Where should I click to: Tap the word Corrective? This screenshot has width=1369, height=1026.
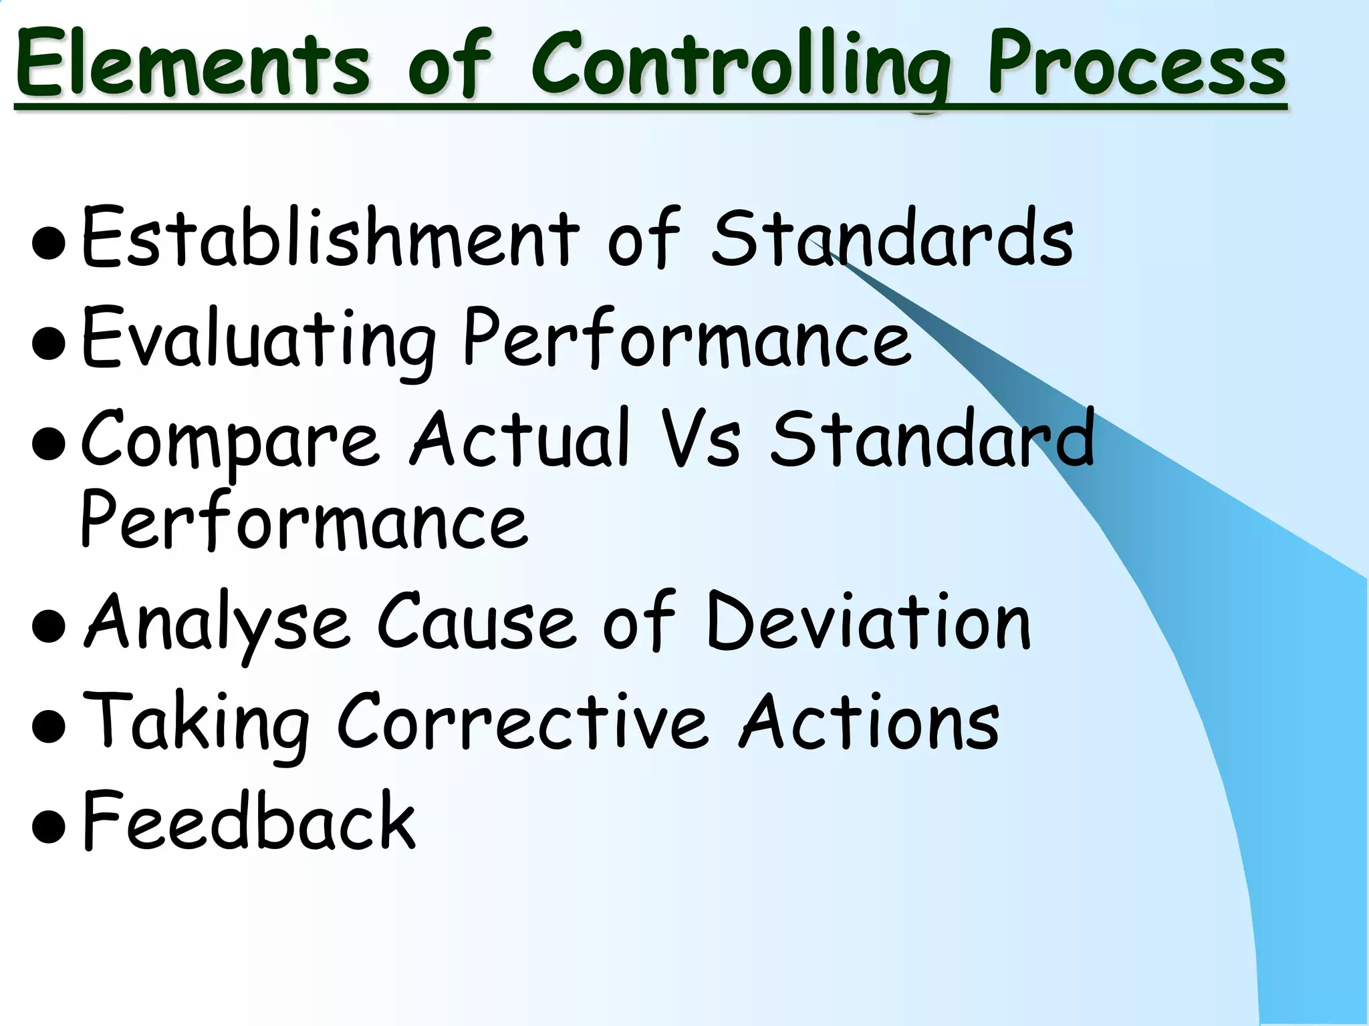pyautogui.click(x=521, y=722)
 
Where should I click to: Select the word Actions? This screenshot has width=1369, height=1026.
pyautogui.click(x=869, y=722)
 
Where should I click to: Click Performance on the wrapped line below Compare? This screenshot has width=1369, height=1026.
pyautogui.click(x=303, y=520)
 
